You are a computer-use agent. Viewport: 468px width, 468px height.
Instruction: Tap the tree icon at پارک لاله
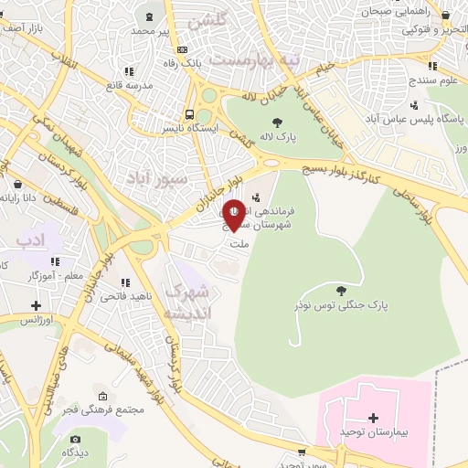[276, 122]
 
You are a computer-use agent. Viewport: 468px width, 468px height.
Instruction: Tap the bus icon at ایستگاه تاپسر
[189, 114]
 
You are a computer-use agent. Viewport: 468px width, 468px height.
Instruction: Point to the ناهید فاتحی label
[120, 296]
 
